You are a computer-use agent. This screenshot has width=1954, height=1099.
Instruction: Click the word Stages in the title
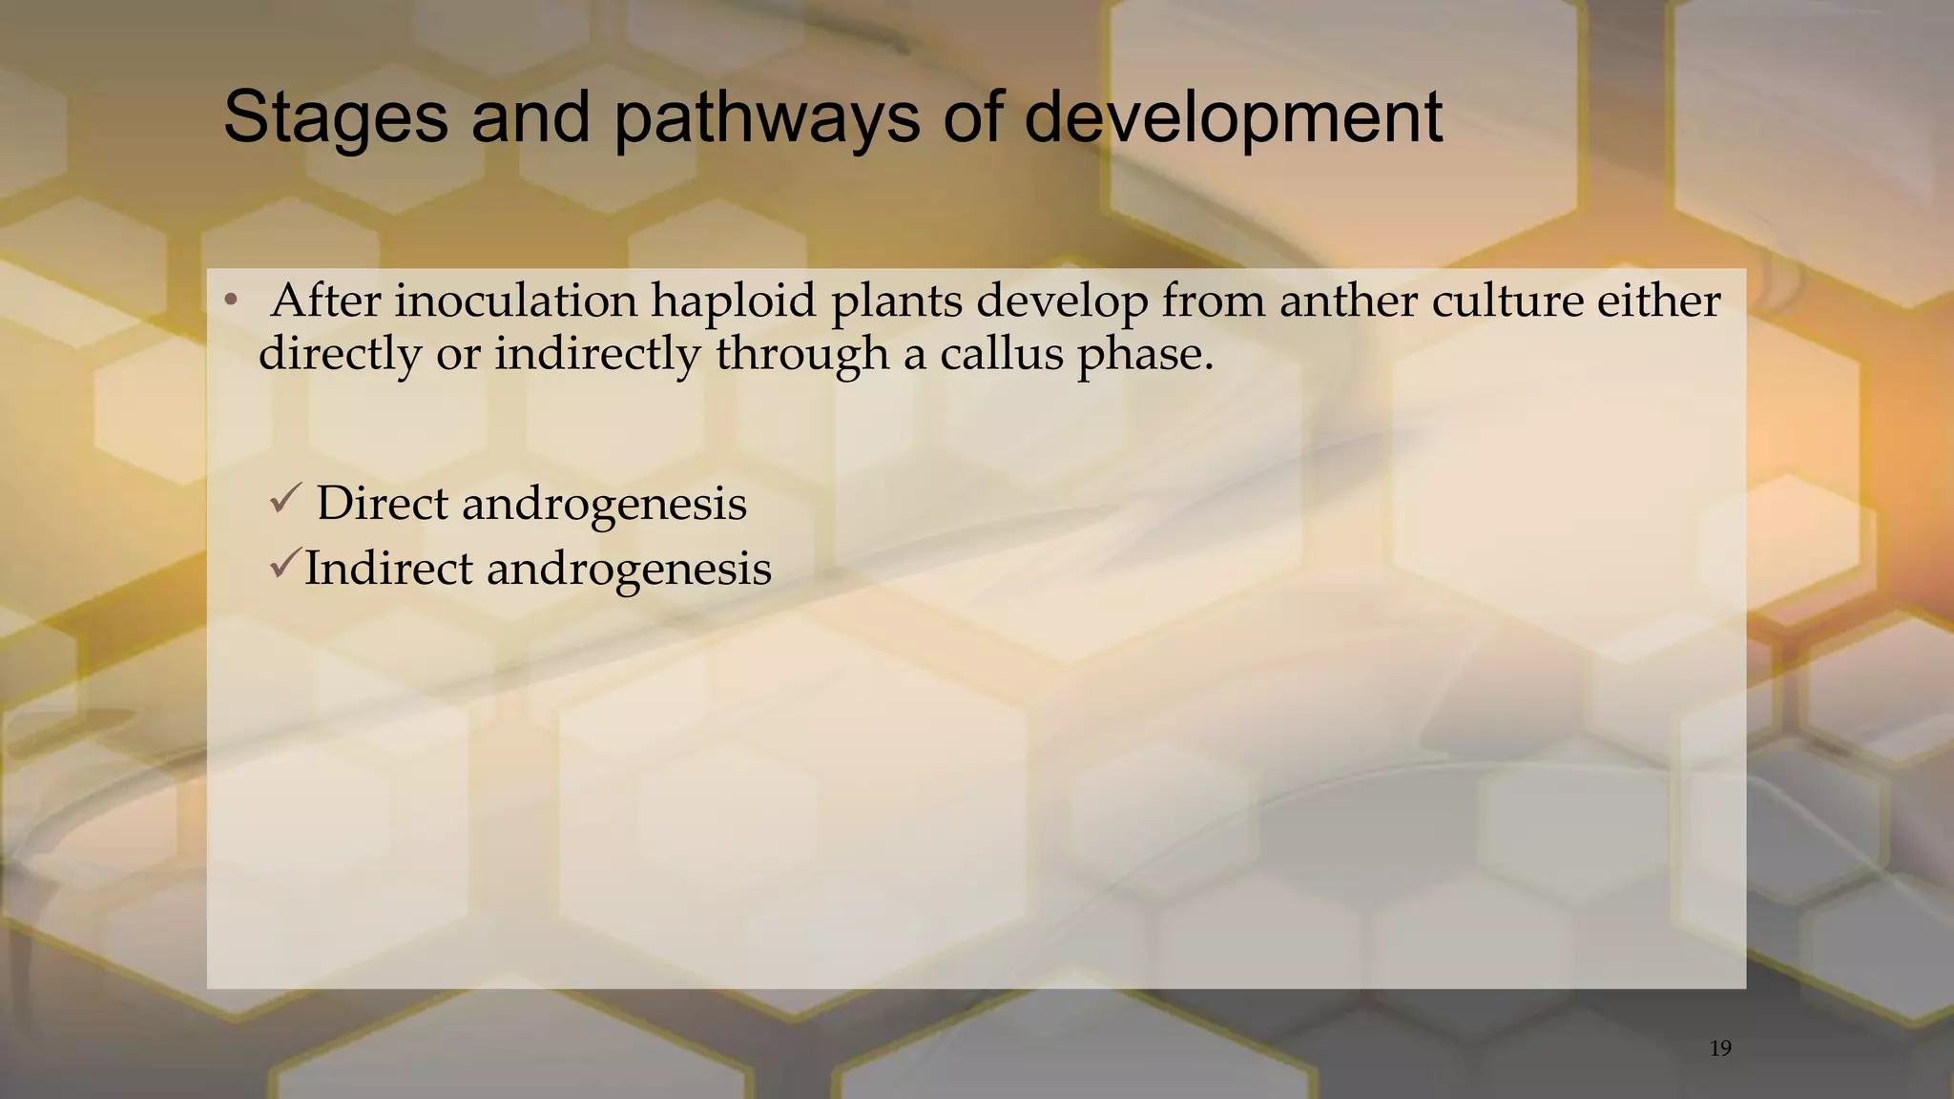(335, 118)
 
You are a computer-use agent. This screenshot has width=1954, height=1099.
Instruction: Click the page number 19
(1720, 1048)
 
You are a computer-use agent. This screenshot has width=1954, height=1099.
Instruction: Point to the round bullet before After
(230, 302)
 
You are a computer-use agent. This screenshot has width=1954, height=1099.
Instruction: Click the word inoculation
(515, 301)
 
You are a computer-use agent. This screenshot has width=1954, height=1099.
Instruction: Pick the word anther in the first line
(1348, 301)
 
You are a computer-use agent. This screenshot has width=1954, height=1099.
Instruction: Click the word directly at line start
(340, 354)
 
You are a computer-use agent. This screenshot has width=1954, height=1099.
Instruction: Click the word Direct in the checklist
(382, 503)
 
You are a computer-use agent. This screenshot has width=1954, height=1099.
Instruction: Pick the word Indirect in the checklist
(388, 569)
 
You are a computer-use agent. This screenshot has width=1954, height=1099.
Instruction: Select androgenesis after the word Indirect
(629, 570)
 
